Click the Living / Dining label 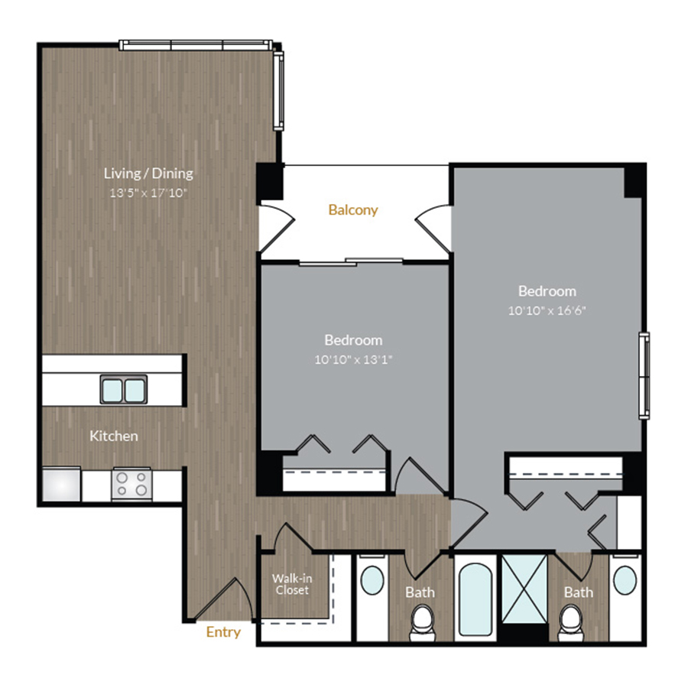pos(148,173)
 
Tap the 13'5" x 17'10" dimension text pos(148,193)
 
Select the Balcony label pos(353,209)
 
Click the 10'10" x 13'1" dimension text pos(353,359)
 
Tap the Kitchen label pos(114,436)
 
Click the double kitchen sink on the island pos(123,391)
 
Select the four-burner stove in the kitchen pos(131,483)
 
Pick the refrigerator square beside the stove pos(61,484)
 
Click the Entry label pos(223,632)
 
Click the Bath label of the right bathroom pos(578,592)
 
